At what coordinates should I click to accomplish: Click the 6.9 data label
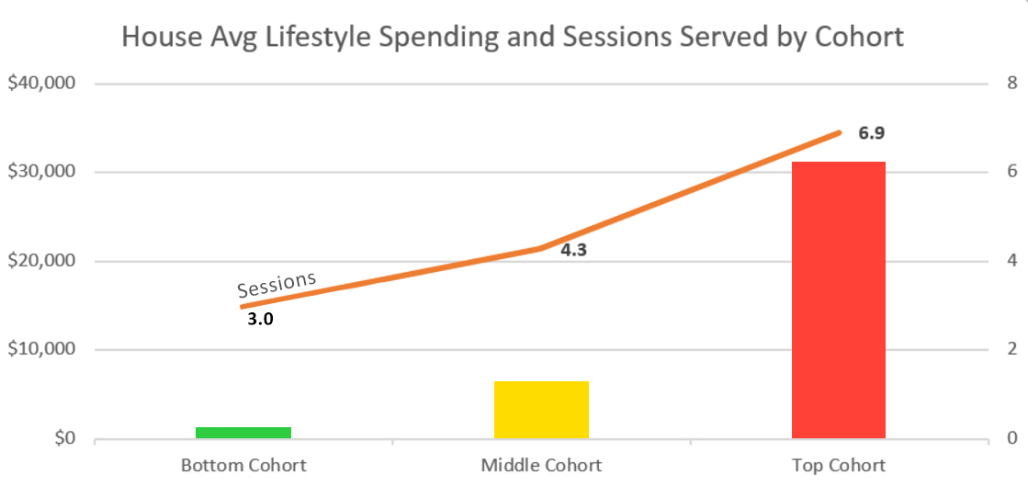(871, 134)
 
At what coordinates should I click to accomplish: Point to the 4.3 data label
(573, 250)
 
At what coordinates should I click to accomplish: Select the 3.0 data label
(261, 321)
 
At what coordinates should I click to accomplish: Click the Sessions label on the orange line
(277, 284)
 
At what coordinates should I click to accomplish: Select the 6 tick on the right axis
(1011, 173)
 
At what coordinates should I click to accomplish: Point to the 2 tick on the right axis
(1011, 350)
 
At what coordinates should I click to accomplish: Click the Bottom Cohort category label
(243, 465)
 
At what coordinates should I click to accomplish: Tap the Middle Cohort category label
(541, 465)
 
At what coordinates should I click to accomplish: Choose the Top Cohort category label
(838, 465)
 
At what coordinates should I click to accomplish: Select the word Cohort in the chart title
(858, 38)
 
